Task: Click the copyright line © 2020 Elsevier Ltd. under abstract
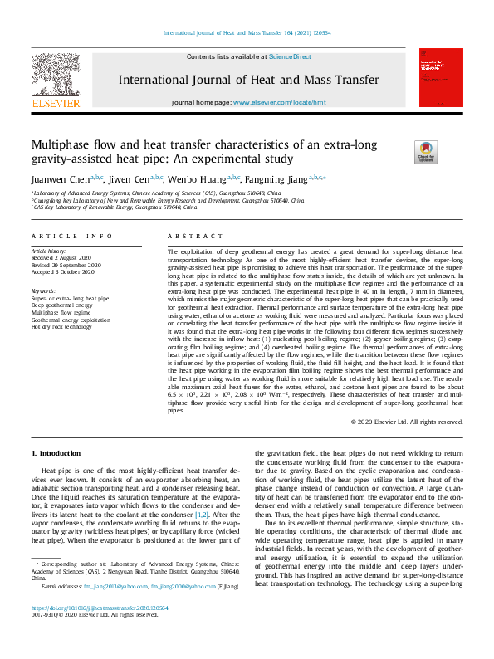(407, 422)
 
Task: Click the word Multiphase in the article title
(66, 144)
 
